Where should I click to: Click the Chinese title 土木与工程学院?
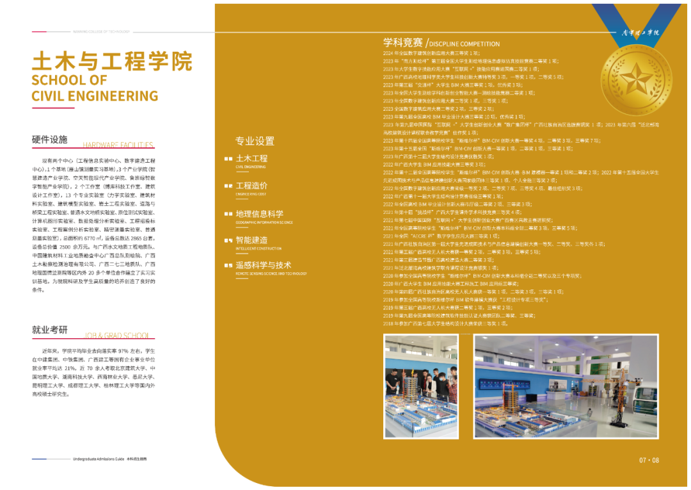[x=112, y=61]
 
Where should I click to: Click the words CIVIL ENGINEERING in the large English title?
[x=95, y=96]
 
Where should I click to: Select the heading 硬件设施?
[x=49, y=140]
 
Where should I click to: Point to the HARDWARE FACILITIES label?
[x=118, y=145]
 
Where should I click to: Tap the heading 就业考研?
[x=49, y=330]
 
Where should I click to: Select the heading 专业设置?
[x=255, y=141]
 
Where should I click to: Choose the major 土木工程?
[x=251, y=158]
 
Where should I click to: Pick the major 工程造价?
[x=251, y=186]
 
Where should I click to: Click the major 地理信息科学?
[x=259, y=214]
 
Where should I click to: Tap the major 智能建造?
[x=251, y=240]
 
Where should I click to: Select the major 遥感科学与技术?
[x=264, y=265]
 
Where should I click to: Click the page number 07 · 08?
[x=648, y=460]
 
